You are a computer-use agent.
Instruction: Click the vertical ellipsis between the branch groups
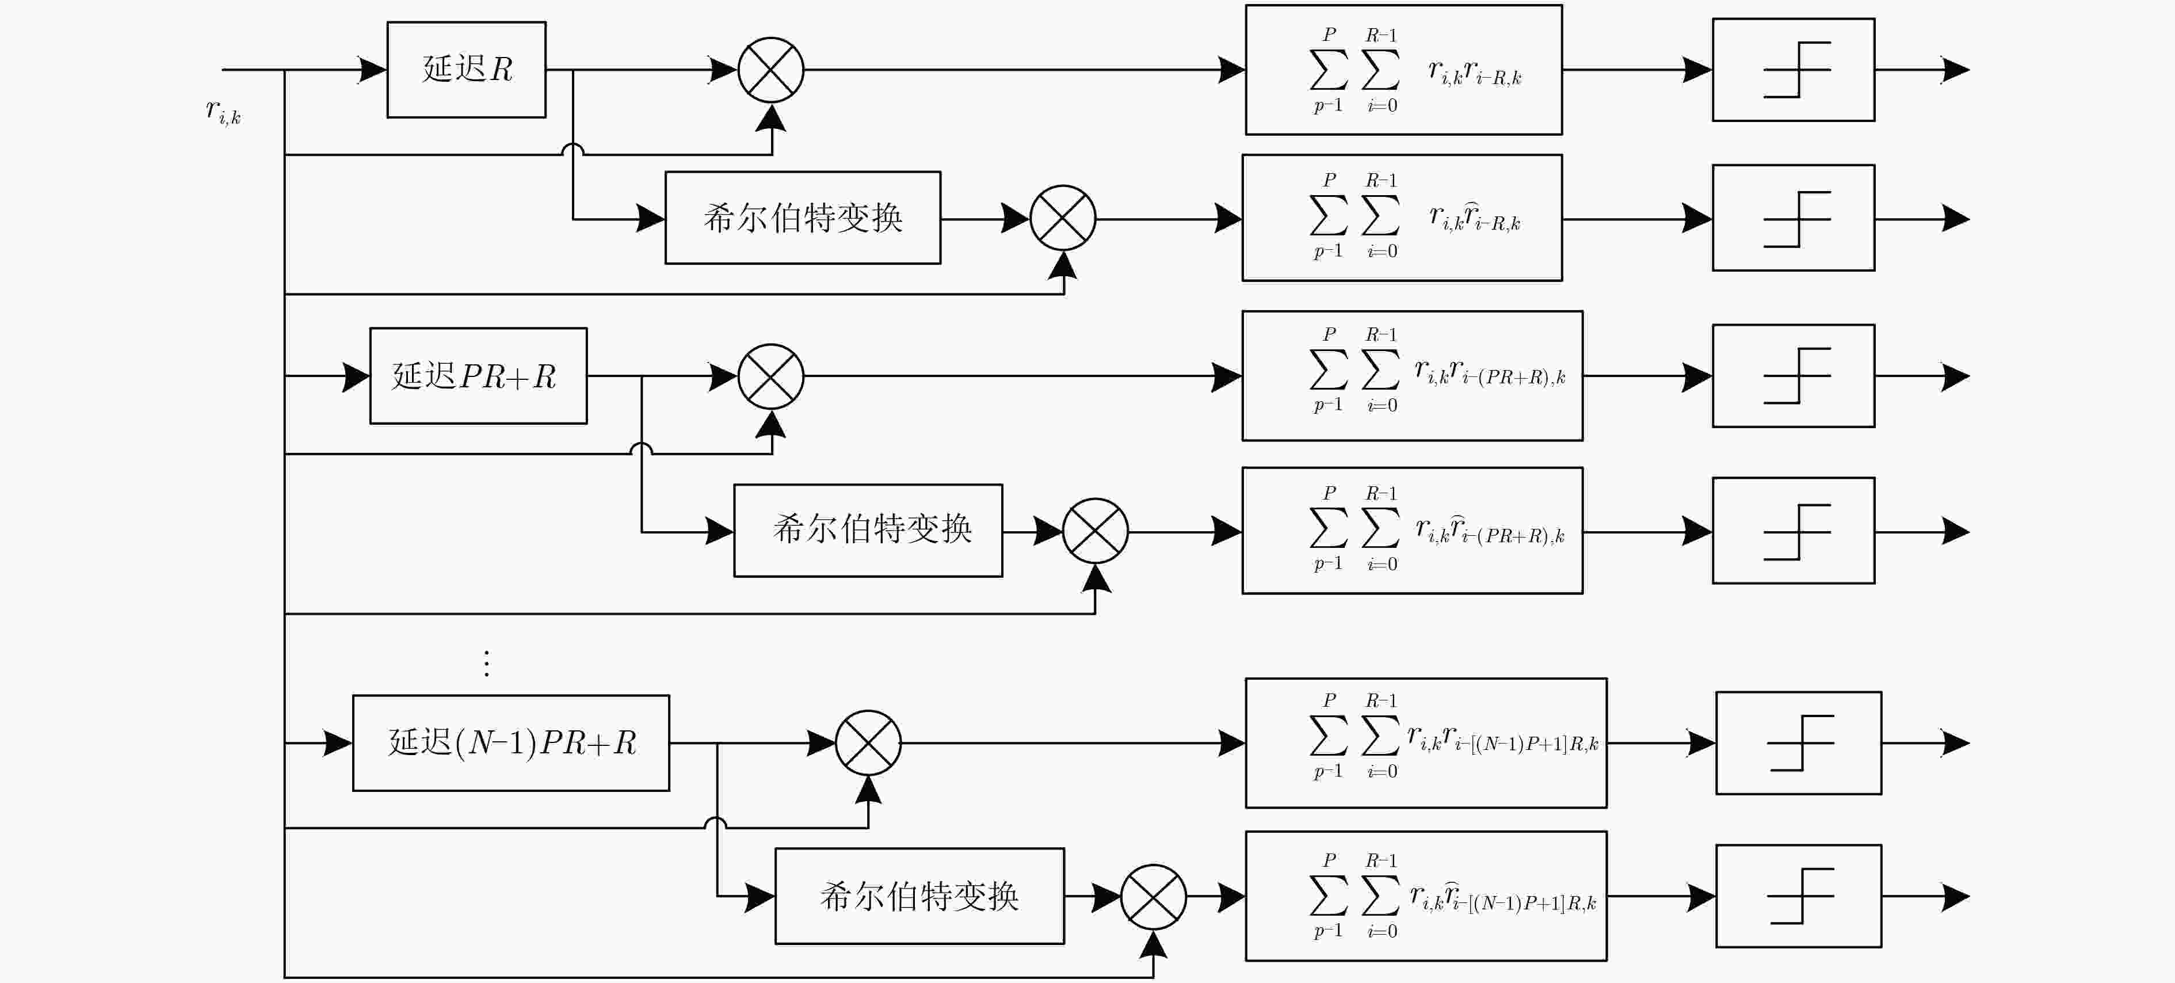point(486,664)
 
